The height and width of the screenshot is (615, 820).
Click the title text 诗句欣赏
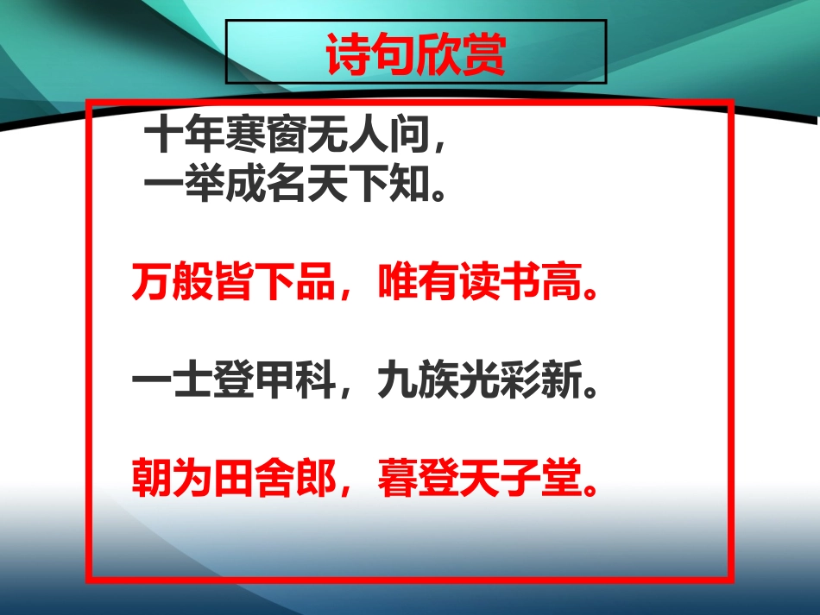click(x=416, y=54)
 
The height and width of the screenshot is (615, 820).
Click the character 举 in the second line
click(x=201, y=183)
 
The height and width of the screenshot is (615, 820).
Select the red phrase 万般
click(x=171, y=281)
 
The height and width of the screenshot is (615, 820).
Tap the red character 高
click(x=552, y=281)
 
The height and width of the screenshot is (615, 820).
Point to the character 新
click(x=552, y=380)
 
